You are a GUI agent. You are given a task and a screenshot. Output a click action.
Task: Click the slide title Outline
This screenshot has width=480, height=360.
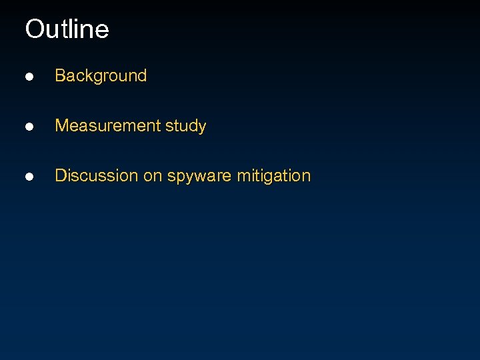67,29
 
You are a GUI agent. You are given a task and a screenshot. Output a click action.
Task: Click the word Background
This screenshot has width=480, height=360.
101,76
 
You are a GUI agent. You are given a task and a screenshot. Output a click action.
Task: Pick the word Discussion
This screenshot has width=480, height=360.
97,176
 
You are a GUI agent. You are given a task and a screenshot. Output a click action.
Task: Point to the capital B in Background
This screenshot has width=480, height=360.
60,76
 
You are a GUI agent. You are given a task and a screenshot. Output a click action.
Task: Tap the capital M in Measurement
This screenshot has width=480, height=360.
61,126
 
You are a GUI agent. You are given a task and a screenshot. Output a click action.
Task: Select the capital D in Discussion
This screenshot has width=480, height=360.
60,176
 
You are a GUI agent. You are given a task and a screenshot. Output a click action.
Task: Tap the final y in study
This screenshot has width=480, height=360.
202,127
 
